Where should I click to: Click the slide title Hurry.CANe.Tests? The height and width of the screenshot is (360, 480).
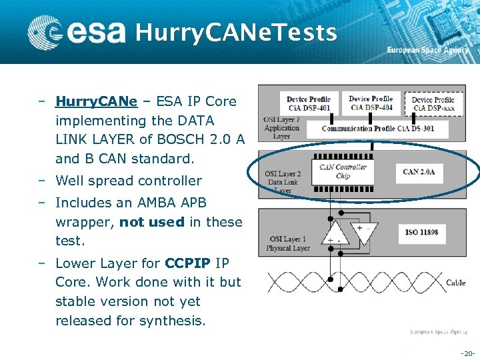[236, 32]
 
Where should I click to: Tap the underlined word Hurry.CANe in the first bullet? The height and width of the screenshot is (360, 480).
[96, 102]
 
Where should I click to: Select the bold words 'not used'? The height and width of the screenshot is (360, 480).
[151, 222]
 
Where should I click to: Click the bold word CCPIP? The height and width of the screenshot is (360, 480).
[190, 263]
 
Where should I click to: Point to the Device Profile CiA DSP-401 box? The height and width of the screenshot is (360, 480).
[308, 105]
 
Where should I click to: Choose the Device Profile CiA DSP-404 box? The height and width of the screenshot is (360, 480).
[371, 103]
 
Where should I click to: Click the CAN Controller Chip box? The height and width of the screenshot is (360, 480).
[343, 172]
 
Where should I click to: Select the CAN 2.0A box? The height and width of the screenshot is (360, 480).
[419, 172]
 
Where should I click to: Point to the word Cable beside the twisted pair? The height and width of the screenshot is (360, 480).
[455, 283]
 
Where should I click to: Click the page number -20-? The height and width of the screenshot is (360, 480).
[467, 353]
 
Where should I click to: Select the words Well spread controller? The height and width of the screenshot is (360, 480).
[128, 181]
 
